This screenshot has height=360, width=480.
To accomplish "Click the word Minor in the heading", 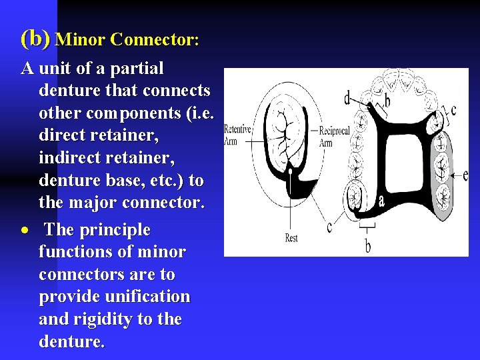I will (x=81, y=40).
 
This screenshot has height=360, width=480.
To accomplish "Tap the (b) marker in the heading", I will (x=35, y=39).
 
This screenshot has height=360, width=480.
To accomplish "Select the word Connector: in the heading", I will (x=155, y=40).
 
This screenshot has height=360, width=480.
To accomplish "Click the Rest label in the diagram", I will (x=291, y=238).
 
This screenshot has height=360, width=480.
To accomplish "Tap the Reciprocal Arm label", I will (x=334, y=137).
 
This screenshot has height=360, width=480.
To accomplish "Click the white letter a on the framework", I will (x=381, y=199).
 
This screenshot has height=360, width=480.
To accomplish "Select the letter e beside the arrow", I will (x=465, y=175).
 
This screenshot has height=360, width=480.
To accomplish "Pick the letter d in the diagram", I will (x=347, y=99).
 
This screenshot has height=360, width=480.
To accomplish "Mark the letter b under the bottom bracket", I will (x=368, y=246).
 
